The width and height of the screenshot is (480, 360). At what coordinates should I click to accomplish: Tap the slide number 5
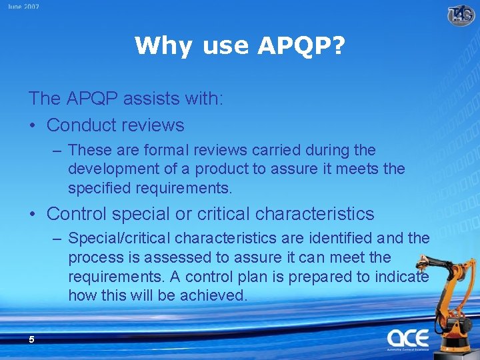click(x=31, y=340)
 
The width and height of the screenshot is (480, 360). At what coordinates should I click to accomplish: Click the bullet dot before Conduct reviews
click(x=33, y=125)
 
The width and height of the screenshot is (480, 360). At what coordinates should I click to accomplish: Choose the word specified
click(x=99, y=189)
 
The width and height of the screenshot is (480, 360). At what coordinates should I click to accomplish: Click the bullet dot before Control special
click(x=33, y=214)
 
